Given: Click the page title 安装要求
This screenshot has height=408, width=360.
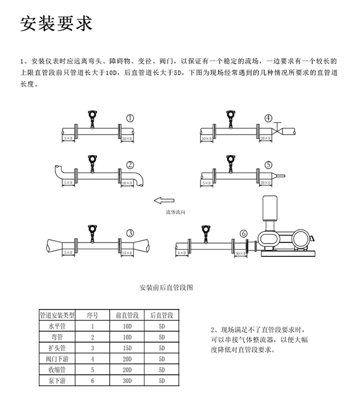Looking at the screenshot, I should (x=56, y=24).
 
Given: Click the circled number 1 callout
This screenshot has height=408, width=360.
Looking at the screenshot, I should (x=131, y=118).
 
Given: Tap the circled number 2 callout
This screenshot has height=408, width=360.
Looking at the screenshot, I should (x=131, y=165).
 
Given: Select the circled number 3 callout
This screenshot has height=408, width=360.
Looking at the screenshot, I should (x=130, y=233).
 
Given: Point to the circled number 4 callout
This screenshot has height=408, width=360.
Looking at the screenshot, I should (x=268, y=118).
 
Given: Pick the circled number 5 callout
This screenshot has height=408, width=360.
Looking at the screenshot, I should (x=268, y=165).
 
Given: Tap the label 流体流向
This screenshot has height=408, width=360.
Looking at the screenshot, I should (x=176, y=213).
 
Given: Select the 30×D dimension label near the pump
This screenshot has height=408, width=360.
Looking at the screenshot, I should (x=240, y=254).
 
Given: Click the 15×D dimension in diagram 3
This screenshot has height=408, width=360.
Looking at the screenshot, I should (x=126, y=252).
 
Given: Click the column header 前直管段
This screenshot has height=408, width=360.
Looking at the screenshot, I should (x=127, y=315).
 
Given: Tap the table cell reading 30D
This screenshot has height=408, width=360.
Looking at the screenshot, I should (x=127, y=380).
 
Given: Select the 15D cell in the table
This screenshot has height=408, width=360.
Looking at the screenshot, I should (x=127, y=348).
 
